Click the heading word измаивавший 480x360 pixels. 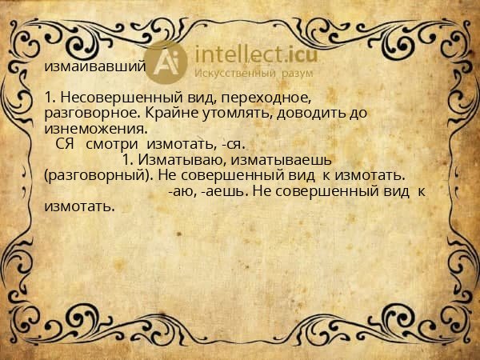click(95, 66)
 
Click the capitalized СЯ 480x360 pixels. click(66, 145)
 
